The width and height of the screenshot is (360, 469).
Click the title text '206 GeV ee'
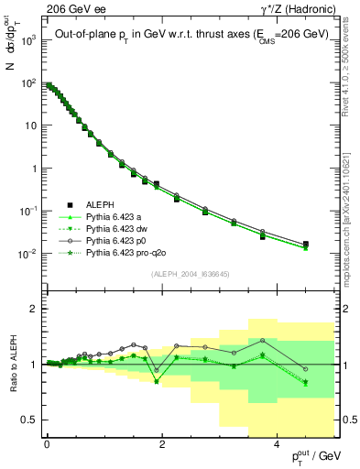(x=71, y=8)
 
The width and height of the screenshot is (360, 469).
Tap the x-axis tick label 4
(x=277, y=444)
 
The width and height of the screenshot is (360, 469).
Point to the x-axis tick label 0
(x=47, y=444)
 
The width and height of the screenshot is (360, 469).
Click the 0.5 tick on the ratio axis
(x=30, y=420)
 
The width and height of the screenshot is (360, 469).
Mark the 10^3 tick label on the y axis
(x=27, y=41)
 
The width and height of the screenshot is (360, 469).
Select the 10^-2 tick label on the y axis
(x=27, y=253)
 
